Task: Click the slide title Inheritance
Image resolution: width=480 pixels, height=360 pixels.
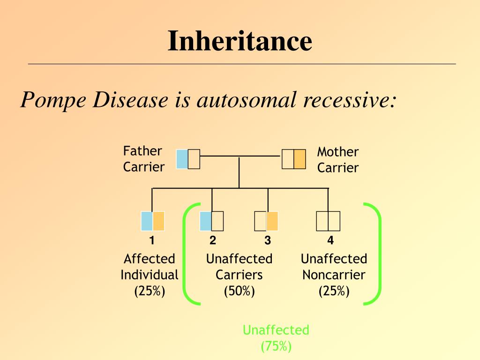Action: (x=240, y=41)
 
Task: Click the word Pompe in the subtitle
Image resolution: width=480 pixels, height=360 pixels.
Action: (x=52, y=100)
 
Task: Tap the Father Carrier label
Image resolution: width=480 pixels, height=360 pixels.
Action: (x=143, y=159)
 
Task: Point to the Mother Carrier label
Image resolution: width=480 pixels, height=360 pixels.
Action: (x=337, y=159)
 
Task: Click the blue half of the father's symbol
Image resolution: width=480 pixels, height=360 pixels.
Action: (x=182, y=159)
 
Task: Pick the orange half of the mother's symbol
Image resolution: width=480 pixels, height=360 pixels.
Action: (x=300, y=159)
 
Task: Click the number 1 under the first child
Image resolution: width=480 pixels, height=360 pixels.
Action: (x=152, y=241)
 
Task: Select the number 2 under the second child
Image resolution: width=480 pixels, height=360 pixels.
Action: (x=213, y=241)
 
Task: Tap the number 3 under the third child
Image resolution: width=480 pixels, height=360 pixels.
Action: (x=268, y=241)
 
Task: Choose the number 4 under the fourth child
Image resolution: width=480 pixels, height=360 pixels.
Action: (x=330, y=241)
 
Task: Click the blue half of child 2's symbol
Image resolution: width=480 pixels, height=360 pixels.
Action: (x=205, y=221)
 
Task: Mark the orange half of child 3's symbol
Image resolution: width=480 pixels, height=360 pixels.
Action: (x=272, y=221)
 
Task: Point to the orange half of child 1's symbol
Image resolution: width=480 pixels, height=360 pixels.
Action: (x=158, y=221)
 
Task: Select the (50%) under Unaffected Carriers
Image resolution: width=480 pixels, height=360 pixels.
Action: (x=239, y=291)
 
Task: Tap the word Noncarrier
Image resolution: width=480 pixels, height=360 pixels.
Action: (x=334, y=275)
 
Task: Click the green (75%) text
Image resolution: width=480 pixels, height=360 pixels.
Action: (x=276, y=346)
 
